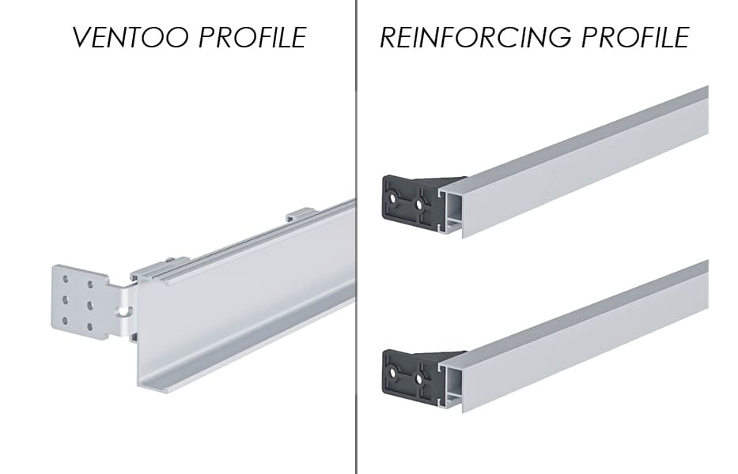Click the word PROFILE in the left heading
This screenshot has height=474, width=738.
point(253,38)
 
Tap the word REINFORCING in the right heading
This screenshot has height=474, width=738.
point(476,37)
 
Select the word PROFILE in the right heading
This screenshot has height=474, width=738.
point(636,37)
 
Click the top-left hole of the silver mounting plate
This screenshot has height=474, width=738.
point(66,279)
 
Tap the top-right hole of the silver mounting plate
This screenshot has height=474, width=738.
point(89,284)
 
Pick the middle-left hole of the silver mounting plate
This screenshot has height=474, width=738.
point(66,299)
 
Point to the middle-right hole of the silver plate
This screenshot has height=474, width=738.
point(89,306)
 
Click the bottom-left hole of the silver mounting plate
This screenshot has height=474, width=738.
point(66,321)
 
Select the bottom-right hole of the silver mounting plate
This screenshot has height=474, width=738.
point(89,327)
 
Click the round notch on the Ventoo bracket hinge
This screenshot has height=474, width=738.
point(124,310)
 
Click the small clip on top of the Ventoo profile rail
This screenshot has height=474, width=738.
point(301,213)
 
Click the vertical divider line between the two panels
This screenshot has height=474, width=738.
point(356,237)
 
